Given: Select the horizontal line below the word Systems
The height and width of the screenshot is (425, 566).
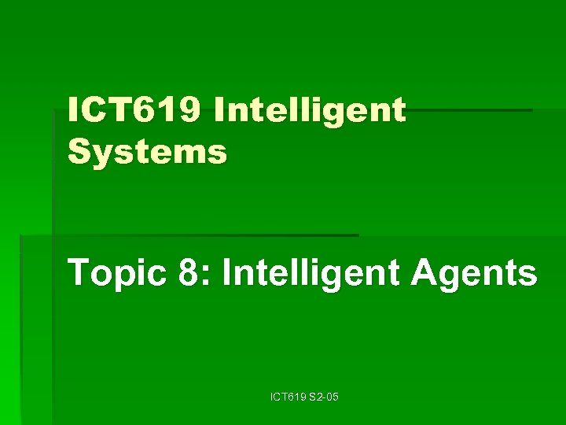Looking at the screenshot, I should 204,235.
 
